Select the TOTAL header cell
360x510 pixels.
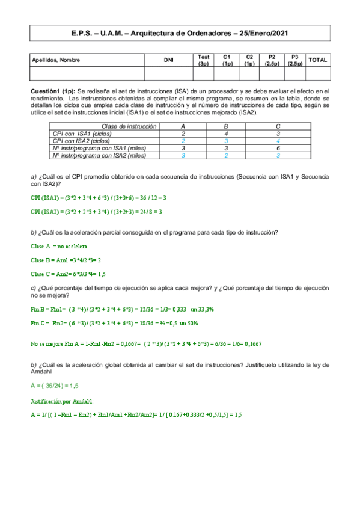pos(317,60)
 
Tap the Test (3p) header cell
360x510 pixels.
pos(203,60)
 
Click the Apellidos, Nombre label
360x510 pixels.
pos(56,60)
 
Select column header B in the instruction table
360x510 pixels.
pos(225,126)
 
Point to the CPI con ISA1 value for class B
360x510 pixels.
pos(225,134)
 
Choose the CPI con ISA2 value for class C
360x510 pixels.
pos(278,141)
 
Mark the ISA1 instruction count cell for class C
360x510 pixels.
pos(278,148)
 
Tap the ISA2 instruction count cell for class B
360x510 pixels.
pos(225,155)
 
